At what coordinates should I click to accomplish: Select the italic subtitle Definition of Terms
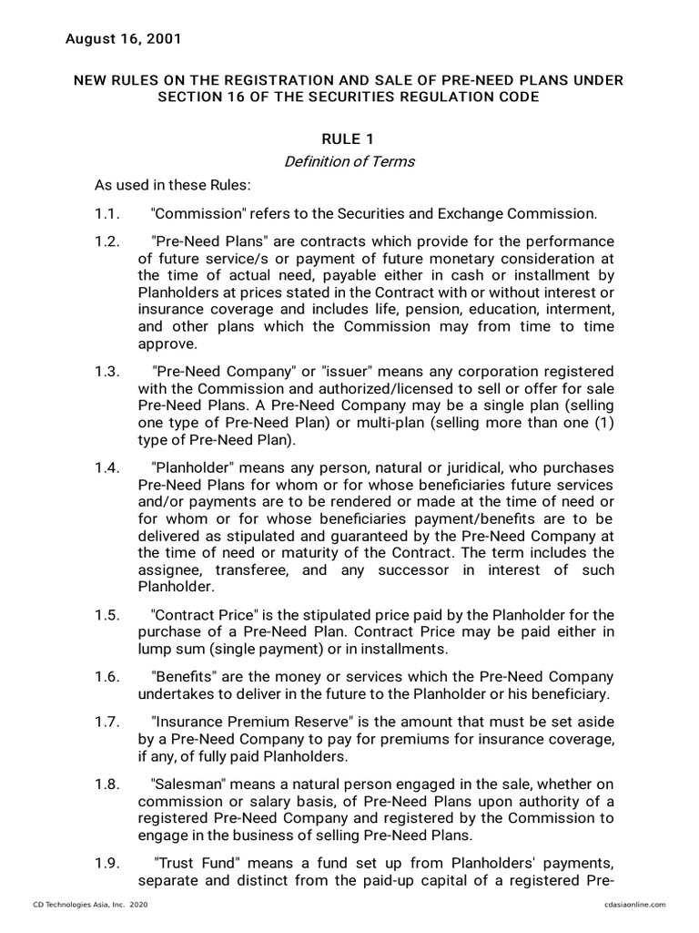(349, 161)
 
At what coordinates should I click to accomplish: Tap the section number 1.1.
(107, 214)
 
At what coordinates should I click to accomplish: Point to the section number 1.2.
(107, 241)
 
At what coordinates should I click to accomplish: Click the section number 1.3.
(107, 372)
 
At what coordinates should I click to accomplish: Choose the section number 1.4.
(107, 466)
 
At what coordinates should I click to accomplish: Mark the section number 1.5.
(107, 615)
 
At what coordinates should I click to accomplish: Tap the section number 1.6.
(107, 677)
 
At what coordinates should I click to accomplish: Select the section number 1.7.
(107, 721)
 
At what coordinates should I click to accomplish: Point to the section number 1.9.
(107, 863)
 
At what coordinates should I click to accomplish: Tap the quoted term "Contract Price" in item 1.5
(204, 615)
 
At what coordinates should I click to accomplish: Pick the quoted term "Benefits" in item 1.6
(185, 677)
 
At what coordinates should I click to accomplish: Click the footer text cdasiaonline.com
(634, 904)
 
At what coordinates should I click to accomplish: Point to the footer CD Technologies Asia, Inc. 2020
(90, 904)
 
